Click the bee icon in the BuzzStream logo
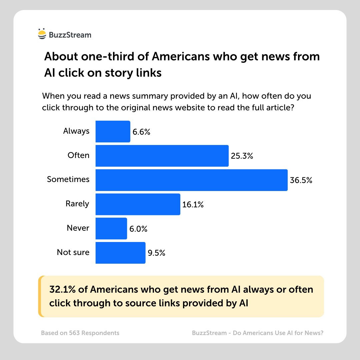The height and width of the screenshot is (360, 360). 42,34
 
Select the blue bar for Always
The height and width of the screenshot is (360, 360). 113,131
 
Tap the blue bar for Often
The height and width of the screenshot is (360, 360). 162,156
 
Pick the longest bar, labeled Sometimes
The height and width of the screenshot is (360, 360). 191,180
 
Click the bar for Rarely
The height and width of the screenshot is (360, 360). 138,204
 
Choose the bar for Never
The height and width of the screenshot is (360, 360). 111,228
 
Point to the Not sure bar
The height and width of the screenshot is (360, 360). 120,253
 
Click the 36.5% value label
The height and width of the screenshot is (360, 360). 301,180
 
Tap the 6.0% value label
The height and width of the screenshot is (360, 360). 138,229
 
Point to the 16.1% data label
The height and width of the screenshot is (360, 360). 193,204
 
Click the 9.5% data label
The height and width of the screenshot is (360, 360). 157,253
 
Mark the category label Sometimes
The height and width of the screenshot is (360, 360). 68,179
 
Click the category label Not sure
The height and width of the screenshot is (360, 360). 73,252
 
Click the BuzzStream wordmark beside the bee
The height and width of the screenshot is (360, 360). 70,35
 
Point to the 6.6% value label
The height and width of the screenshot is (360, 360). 141,132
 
